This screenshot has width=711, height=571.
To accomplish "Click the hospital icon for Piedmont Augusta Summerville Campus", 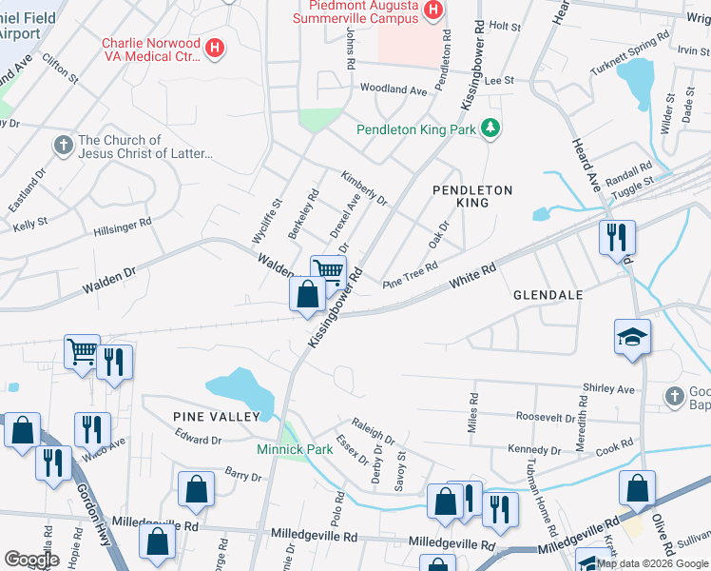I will tap(433, 10).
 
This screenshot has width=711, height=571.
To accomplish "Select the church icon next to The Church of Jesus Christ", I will tap(63, 146).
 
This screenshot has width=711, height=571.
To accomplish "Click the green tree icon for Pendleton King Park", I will tap(490, 128).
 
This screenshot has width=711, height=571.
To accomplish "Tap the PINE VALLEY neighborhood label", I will tap(216, 417).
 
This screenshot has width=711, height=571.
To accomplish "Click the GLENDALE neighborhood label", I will tap(548, 295).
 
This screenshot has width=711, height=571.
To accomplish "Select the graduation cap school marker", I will tap(632, 337).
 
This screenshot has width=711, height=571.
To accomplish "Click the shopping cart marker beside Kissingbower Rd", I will tap(328, 270).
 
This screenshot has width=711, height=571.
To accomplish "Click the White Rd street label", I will tap(473, 277).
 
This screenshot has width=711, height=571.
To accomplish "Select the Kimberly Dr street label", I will tap(364, 187).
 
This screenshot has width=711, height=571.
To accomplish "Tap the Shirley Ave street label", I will tap(607, 389).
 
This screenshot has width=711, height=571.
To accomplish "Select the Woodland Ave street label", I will tap(394, 89).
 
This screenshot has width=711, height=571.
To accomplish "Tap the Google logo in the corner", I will tap(31, 560).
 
